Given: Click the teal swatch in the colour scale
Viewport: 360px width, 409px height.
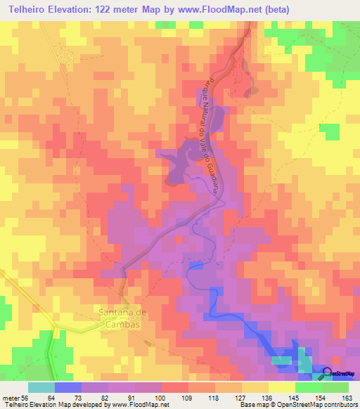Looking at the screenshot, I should [x=41, y=387].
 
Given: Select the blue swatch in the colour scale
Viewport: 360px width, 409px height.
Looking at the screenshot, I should [x=68, y=387].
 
